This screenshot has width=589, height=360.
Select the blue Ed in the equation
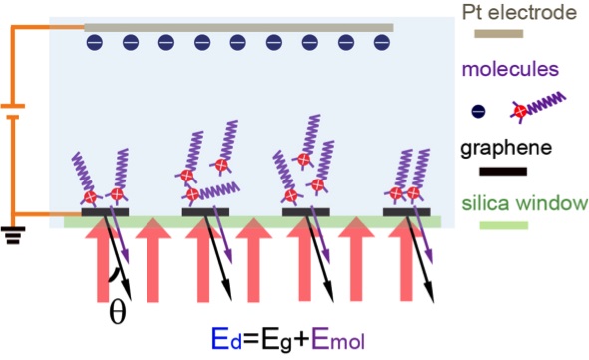[222, 339]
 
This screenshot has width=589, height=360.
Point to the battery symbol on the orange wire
[12, 112]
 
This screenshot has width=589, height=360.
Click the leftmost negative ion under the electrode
[94, 43]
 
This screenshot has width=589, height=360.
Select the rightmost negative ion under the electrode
[380, 43]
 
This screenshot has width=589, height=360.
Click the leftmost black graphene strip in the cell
[106, 211]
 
